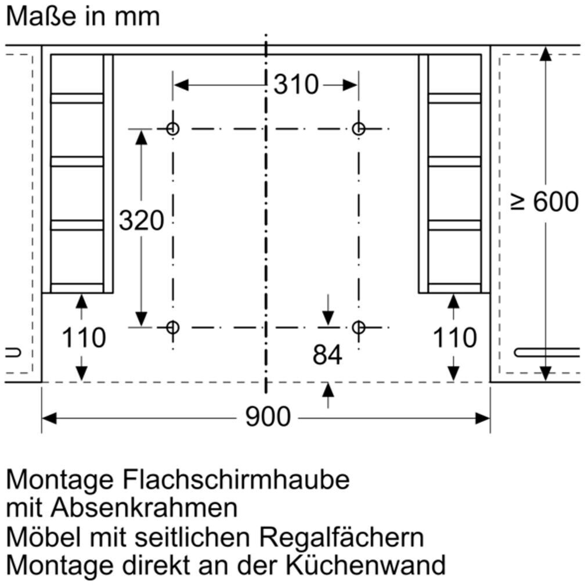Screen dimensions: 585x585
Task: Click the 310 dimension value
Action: coord(296,84)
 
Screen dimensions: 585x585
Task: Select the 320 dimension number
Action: coord(142,220)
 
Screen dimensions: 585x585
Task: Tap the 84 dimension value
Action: coord(327,355)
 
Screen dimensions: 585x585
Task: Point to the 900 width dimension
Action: coord(268,417)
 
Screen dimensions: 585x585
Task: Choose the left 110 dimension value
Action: coord(84,338)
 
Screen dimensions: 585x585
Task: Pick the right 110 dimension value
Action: coord(454,338)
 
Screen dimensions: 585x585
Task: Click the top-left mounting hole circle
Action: coord(172,129)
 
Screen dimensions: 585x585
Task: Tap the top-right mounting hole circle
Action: coord(359,129)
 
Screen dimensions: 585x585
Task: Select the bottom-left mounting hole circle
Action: coord(172,328)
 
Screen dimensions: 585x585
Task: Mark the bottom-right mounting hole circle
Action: coord(359,328)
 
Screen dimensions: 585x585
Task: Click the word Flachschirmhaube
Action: coord(237,480)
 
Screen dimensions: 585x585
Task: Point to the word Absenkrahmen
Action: coord(144,508)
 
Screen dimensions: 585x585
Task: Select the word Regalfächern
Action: coord(341,538)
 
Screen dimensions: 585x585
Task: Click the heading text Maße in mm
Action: coord(83,17)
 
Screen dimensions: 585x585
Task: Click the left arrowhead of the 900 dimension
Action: coord(49,418)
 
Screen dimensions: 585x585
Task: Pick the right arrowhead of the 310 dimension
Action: coord(350,85)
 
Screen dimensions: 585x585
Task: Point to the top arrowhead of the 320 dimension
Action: coord(141,138)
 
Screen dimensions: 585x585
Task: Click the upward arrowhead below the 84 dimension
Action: coord(328,390)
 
